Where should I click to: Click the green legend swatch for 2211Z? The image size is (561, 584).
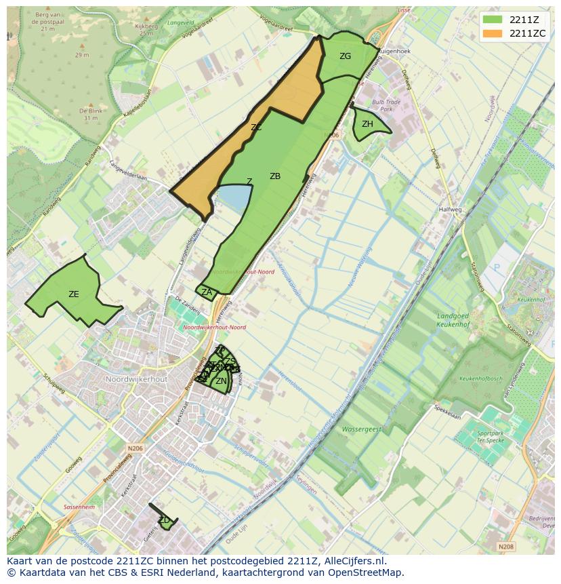tap(493, 20)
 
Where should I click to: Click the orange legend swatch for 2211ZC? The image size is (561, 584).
tap(493, 33)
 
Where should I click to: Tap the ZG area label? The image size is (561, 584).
tap(346, 56)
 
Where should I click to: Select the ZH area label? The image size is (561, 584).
tap(367, 124)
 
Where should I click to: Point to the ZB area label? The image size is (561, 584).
tap(275, 176)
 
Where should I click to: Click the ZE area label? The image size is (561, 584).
tap(74, 294)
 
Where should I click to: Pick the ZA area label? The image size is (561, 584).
tap(207, 292)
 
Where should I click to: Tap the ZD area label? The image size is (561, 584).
tap(164, 520)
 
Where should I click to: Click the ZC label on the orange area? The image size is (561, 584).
tap(256, 128)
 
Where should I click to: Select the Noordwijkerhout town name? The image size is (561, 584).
tap(136, 379)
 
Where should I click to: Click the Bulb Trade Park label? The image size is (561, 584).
tap(387, 105)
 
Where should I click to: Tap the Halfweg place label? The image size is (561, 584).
tap(450, 210)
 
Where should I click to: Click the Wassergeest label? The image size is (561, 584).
tap(361, 429)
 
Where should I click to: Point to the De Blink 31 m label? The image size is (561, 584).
tap(90, 114)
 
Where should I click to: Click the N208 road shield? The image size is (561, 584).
tap(505, 546)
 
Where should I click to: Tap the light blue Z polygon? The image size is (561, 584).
tap(234, 199)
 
